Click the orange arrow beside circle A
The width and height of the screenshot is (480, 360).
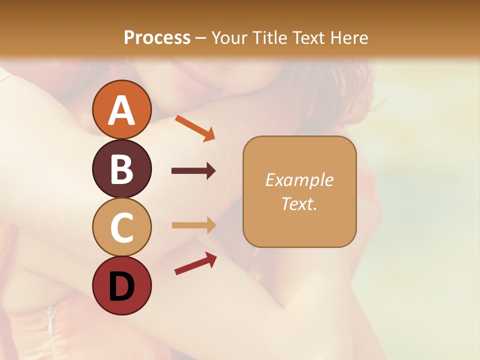pos(195,128)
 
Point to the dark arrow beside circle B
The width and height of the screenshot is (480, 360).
pos(193,171)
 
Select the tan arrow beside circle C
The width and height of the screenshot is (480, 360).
pos(193,225)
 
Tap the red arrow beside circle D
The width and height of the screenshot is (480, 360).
pos(195,263)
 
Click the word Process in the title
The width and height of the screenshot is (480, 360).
pos(157,37)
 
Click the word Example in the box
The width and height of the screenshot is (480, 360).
pos(299,180)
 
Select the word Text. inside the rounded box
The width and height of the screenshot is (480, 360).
pos(299,203)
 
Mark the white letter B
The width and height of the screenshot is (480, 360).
pos(121,169)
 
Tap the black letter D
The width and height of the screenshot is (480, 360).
pos(121,287)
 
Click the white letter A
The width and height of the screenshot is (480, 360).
pos(121,110)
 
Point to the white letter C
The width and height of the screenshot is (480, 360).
pos(121,228)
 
